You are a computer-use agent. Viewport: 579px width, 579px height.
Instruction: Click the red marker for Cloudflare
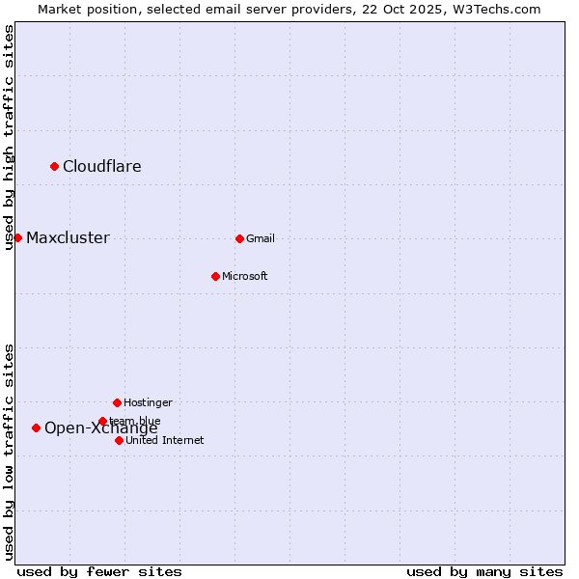(54, 166)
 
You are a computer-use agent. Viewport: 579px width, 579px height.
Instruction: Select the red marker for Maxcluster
(17, 237)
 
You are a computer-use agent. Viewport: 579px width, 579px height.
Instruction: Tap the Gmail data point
(239, 238)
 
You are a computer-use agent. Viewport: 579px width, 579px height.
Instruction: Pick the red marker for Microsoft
(215, 276)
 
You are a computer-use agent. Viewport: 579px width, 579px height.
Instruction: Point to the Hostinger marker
(117, 402)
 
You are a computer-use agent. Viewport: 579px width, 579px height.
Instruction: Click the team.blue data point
(102, 421)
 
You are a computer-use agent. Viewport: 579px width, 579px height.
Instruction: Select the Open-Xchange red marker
(36, 427)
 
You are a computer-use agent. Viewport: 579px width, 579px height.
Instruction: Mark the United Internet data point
(119, 440)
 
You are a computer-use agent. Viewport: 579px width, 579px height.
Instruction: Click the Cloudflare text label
(102, 166)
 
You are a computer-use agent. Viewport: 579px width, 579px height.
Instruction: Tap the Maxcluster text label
(68, 237)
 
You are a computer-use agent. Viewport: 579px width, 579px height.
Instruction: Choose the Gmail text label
(261, 238)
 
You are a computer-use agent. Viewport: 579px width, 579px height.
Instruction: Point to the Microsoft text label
(245, 276)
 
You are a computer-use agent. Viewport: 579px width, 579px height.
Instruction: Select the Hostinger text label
(148, 402)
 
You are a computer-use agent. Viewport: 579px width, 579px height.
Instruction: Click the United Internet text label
(165, 440)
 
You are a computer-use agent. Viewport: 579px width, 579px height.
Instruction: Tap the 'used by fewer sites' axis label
(99, 571)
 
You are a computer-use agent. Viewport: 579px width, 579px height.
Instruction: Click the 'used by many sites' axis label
(484, 571)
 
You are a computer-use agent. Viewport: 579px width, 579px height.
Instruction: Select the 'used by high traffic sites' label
(10, 137)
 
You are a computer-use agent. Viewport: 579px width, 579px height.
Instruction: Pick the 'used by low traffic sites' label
(10, 452)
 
